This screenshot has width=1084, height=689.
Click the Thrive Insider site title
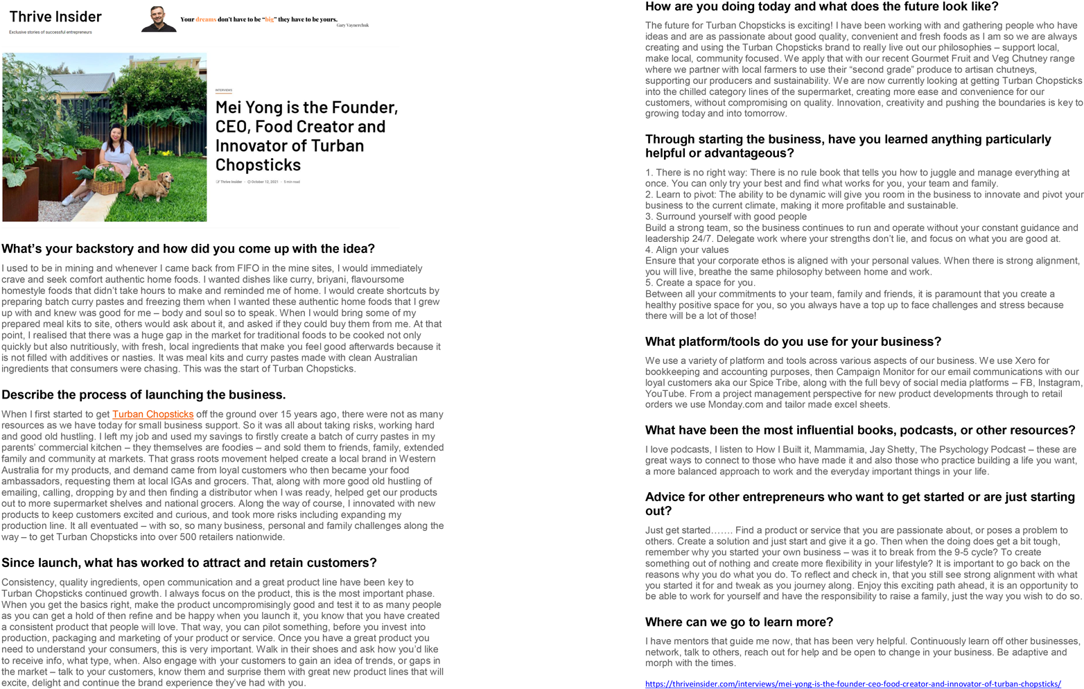point(55,17)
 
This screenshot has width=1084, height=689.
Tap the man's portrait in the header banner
point(158,19)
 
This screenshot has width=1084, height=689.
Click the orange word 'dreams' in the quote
point(206,19)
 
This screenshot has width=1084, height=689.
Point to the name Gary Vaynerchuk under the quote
point(352,26)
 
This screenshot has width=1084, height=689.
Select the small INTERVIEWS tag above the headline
point(223,90)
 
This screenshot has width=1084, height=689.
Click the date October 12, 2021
point(264,182)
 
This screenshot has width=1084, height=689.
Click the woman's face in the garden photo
point(116,133)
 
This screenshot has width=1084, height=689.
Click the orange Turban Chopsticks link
point(152,415)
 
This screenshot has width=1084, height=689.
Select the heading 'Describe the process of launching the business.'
point(143,395)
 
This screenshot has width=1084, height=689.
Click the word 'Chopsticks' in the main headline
point(258,165)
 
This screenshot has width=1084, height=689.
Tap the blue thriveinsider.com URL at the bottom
point(853,683)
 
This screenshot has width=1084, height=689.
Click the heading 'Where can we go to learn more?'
point(739,622)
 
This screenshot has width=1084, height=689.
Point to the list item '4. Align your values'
point(686,250)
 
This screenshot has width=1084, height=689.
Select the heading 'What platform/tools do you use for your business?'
point(793,342)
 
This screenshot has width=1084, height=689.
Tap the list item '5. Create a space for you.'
point(700,283)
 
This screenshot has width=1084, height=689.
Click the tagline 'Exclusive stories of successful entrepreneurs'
point(51,32)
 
